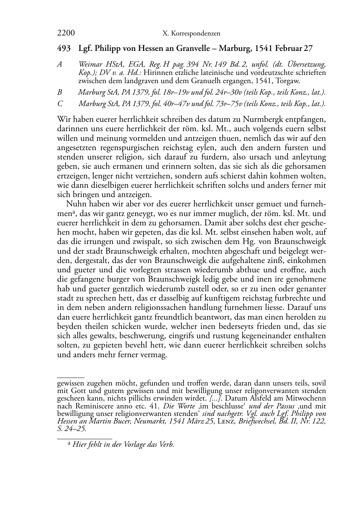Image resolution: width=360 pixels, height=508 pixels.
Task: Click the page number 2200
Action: pos(66,33)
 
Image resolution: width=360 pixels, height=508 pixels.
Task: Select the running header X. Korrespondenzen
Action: pos(191,34)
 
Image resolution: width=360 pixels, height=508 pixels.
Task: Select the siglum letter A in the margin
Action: pos(60,65)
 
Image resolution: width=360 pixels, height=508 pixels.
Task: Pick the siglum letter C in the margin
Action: pos(60,104)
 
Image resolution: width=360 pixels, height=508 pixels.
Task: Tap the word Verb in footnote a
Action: pos(166,445)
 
